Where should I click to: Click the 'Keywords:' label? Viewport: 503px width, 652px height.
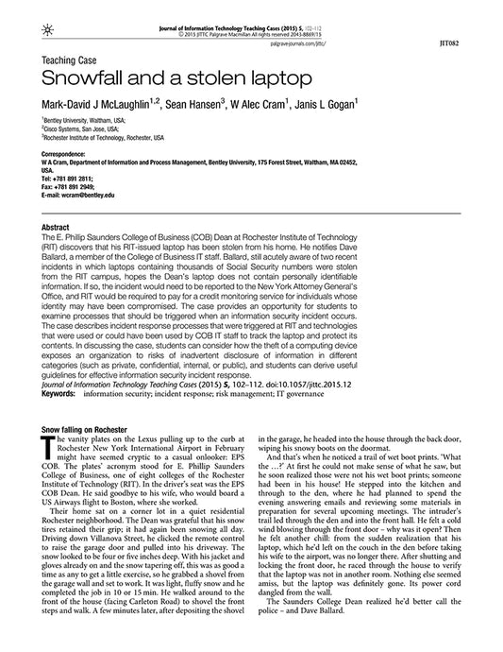(x=59, y=390)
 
